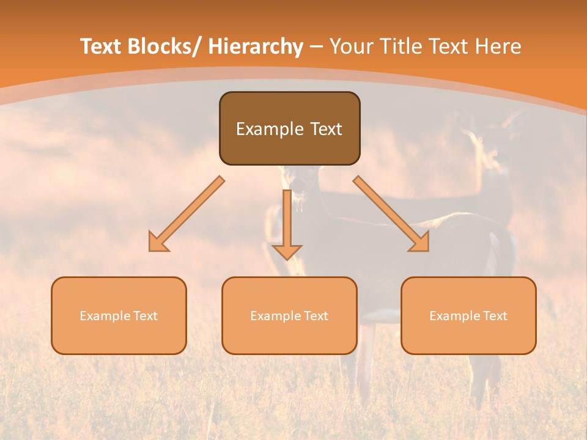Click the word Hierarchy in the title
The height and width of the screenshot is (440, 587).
tap(256, 47)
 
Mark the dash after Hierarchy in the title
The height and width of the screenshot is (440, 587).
tap(316, 48)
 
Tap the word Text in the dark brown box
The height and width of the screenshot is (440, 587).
tap(325, 129)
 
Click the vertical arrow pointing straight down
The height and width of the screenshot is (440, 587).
tap(287, 220)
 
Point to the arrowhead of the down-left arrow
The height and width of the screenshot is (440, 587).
tap(158, 243)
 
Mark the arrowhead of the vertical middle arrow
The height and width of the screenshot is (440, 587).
tap(287, 252)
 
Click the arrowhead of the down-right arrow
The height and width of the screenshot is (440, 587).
tap(420, 243)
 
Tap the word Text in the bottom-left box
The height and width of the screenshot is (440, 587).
tap(146, 316)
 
